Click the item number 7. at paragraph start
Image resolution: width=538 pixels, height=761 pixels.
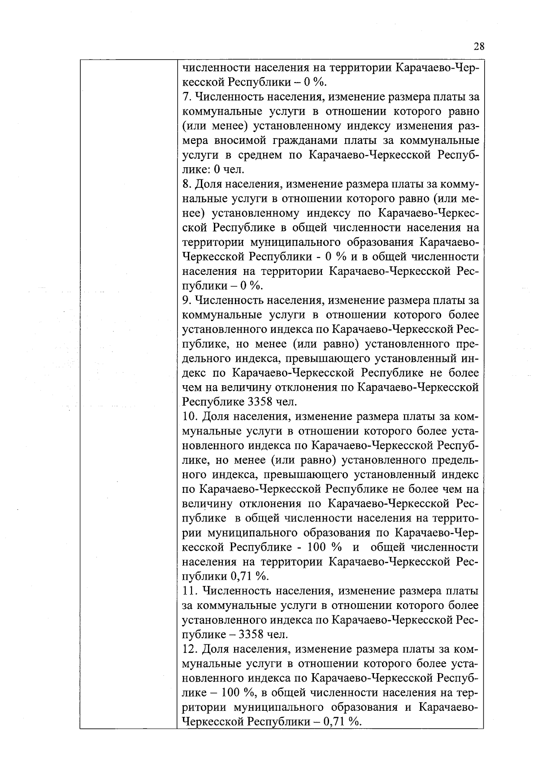tap(187, 97)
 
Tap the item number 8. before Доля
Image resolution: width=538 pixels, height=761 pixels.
tap(187, 184)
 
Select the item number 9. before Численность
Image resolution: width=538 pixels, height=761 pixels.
tap(187, 300)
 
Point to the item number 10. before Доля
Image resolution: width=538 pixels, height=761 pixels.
tap(190, 417)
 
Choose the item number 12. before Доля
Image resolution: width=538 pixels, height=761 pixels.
tap(190, 649)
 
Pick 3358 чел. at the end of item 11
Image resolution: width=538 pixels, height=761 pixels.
tap(263, 635)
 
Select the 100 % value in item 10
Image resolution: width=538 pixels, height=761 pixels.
tap(324, 548)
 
